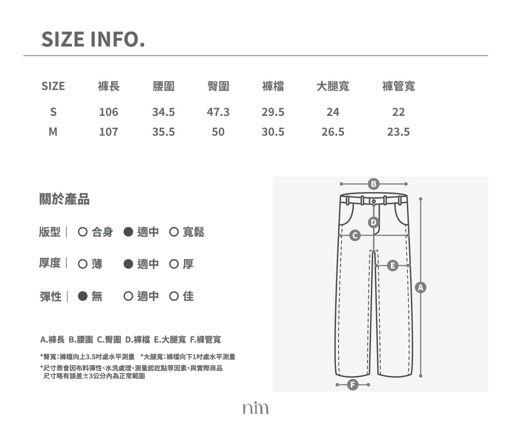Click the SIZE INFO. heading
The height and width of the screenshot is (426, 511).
[93, 39]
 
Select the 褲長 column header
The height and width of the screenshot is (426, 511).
[109, 86]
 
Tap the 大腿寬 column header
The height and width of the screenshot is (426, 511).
[333, 86]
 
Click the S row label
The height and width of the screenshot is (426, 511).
[53, 112]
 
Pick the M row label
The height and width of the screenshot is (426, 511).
[53, 132]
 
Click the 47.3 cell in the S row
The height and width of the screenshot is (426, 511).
[218, 112]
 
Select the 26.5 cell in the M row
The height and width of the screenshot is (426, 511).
[333, 132]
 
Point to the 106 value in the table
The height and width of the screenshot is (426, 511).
[109, 112]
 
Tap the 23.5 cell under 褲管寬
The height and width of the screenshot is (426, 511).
[399, 132]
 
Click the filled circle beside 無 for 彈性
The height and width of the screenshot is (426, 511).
[83, 296]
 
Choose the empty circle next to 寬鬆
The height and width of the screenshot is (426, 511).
[174, 232]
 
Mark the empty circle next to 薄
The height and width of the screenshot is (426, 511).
[83, 264]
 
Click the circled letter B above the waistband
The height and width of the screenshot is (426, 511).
[373, 184]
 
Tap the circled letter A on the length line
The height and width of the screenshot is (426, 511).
[421, 288]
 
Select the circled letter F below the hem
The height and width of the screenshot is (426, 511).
[353, 385]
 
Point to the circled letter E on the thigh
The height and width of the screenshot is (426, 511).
[393, 266]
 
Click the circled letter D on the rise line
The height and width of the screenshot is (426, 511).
[373, 222]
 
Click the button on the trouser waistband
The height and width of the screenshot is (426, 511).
[374, 201]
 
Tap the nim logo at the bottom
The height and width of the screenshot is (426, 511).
[255, 408]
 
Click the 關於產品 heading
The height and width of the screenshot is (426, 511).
[64, 199]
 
